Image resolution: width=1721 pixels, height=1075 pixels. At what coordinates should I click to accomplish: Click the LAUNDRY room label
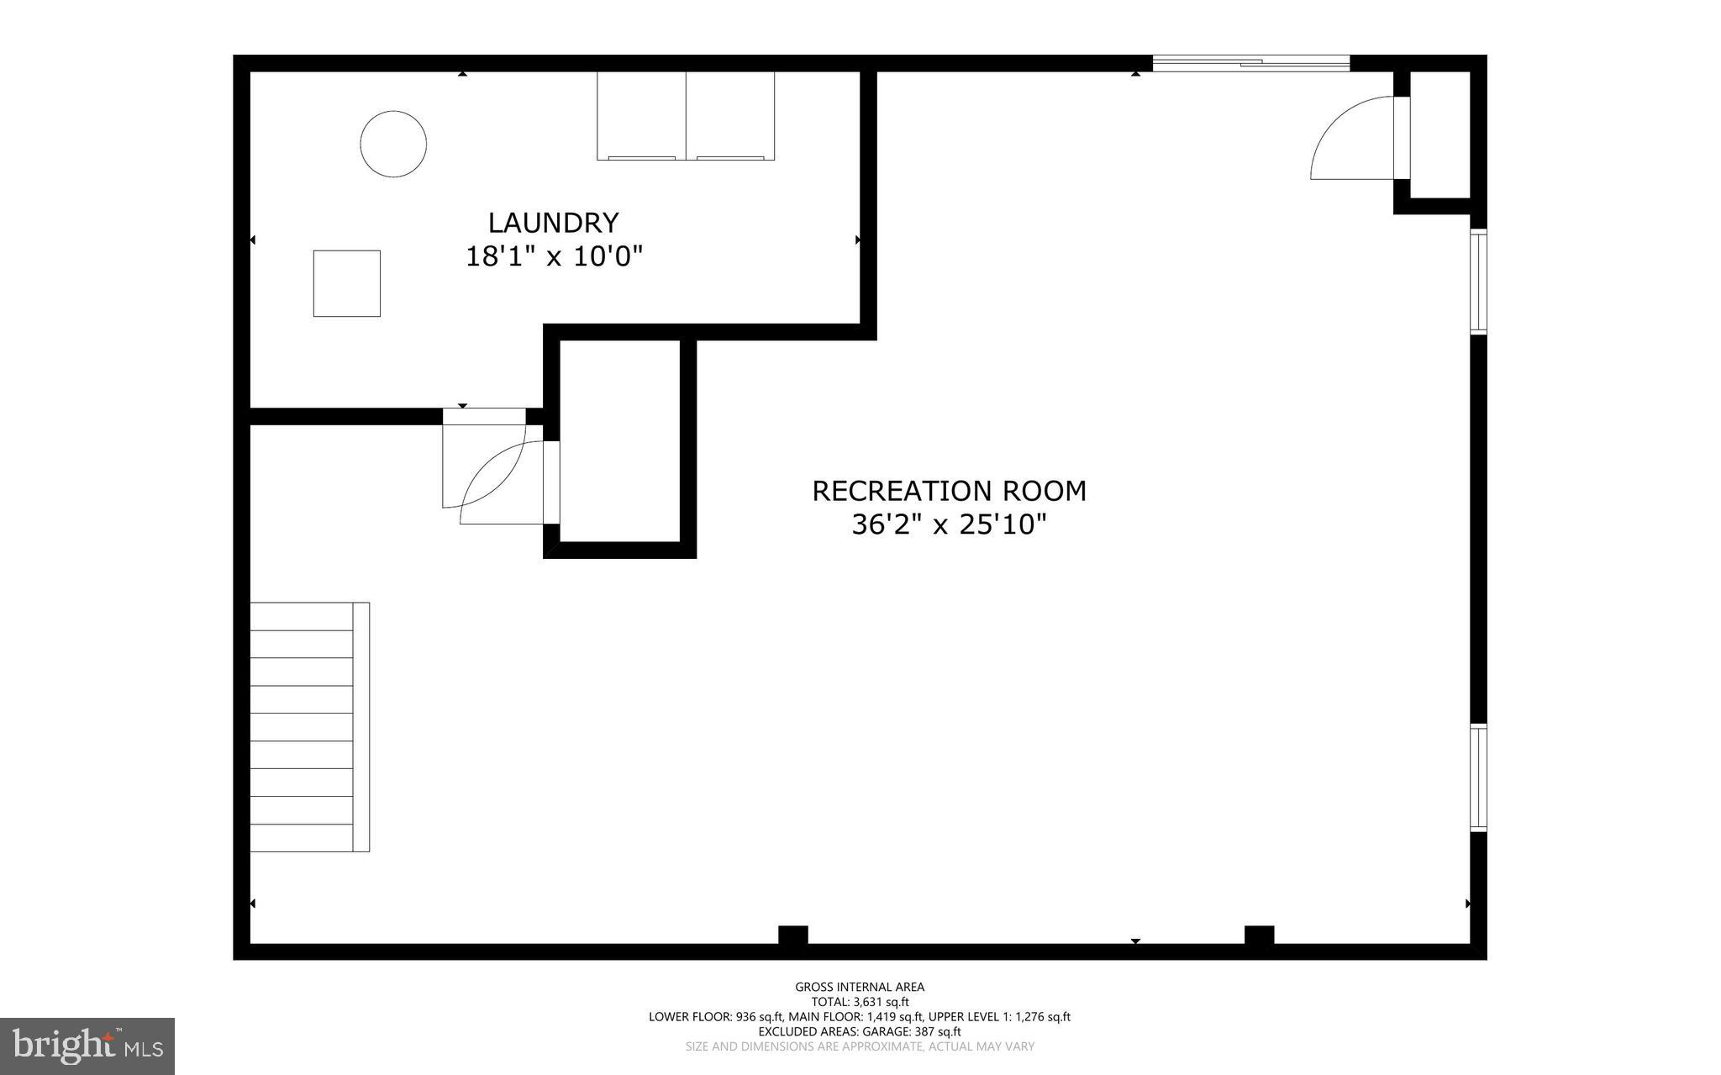pyautogui.click(x=553, y=223)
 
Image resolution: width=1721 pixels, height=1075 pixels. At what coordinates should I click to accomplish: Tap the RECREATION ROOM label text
pyautogui.click(x=949, y=491)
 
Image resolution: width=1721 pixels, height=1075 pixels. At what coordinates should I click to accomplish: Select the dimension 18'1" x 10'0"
pyautogui.click(x=554, y=256)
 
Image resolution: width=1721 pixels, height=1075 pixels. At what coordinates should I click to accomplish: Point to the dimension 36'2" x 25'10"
pyautogui.click(x=949, y=525)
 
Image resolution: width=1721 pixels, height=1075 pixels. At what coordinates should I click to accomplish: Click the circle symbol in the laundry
pyautogui.click(x=393, y=144)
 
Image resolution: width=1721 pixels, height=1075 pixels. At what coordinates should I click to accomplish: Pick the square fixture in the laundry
pyautogui.click(x=346, y=283)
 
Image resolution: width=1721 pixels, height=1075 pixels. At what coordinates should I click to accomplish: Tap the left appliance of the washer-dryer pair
pyautogui.click(x=641, y=115)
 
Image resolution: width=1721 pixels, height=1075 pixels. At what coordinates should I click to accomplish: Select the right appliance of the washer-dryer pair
pyautogui.click(x=730, y=115)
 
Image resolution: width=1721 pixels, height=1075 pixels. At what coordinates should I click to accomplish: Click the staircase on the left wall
pyautogui.click(x=309, y=727)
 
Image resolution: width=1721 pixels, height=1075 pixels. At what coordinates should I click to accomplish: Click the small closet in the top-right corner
pyautogui.click(x=1439, y=134)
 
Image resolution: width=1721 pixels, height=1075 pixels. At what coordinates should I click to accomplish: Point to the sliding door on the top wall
pyautogui.click(x=1250, y=62)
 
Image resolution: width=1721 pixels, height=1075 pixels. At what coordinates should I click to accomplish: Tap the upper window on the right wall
pyautogui.click(x=1478, y=281)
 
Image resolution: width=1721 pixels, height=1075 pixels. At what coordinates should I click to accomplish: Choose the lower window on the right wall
pyautogui.click(x=1478, y=777)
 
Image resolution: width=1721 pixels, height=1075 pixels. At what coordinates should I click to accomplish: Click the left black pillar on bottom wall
pyautogui.click(x=792, y=935)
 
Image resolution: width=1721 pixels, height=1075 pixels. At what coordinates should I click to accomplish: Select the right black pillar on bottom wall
pyautogui.click(x=1259, y=935)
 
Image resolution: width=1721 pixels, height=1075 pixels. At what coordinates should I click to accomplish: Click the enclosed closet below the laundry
pyautogui.click(x=619, y=440)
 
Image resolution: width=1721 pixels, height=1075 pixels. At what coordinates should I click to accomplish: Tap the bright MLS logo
pyautogui.click(x=87, y=1046)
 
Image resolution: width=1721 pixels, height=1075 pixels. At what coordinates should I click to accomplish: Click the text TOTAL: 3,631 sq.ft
pyautogui.click(x=860, y=1002)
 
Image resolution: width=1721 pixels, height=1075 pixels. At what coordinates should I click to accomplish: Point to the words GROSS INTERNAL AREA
pyautogui.click(x=860, y=987)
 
